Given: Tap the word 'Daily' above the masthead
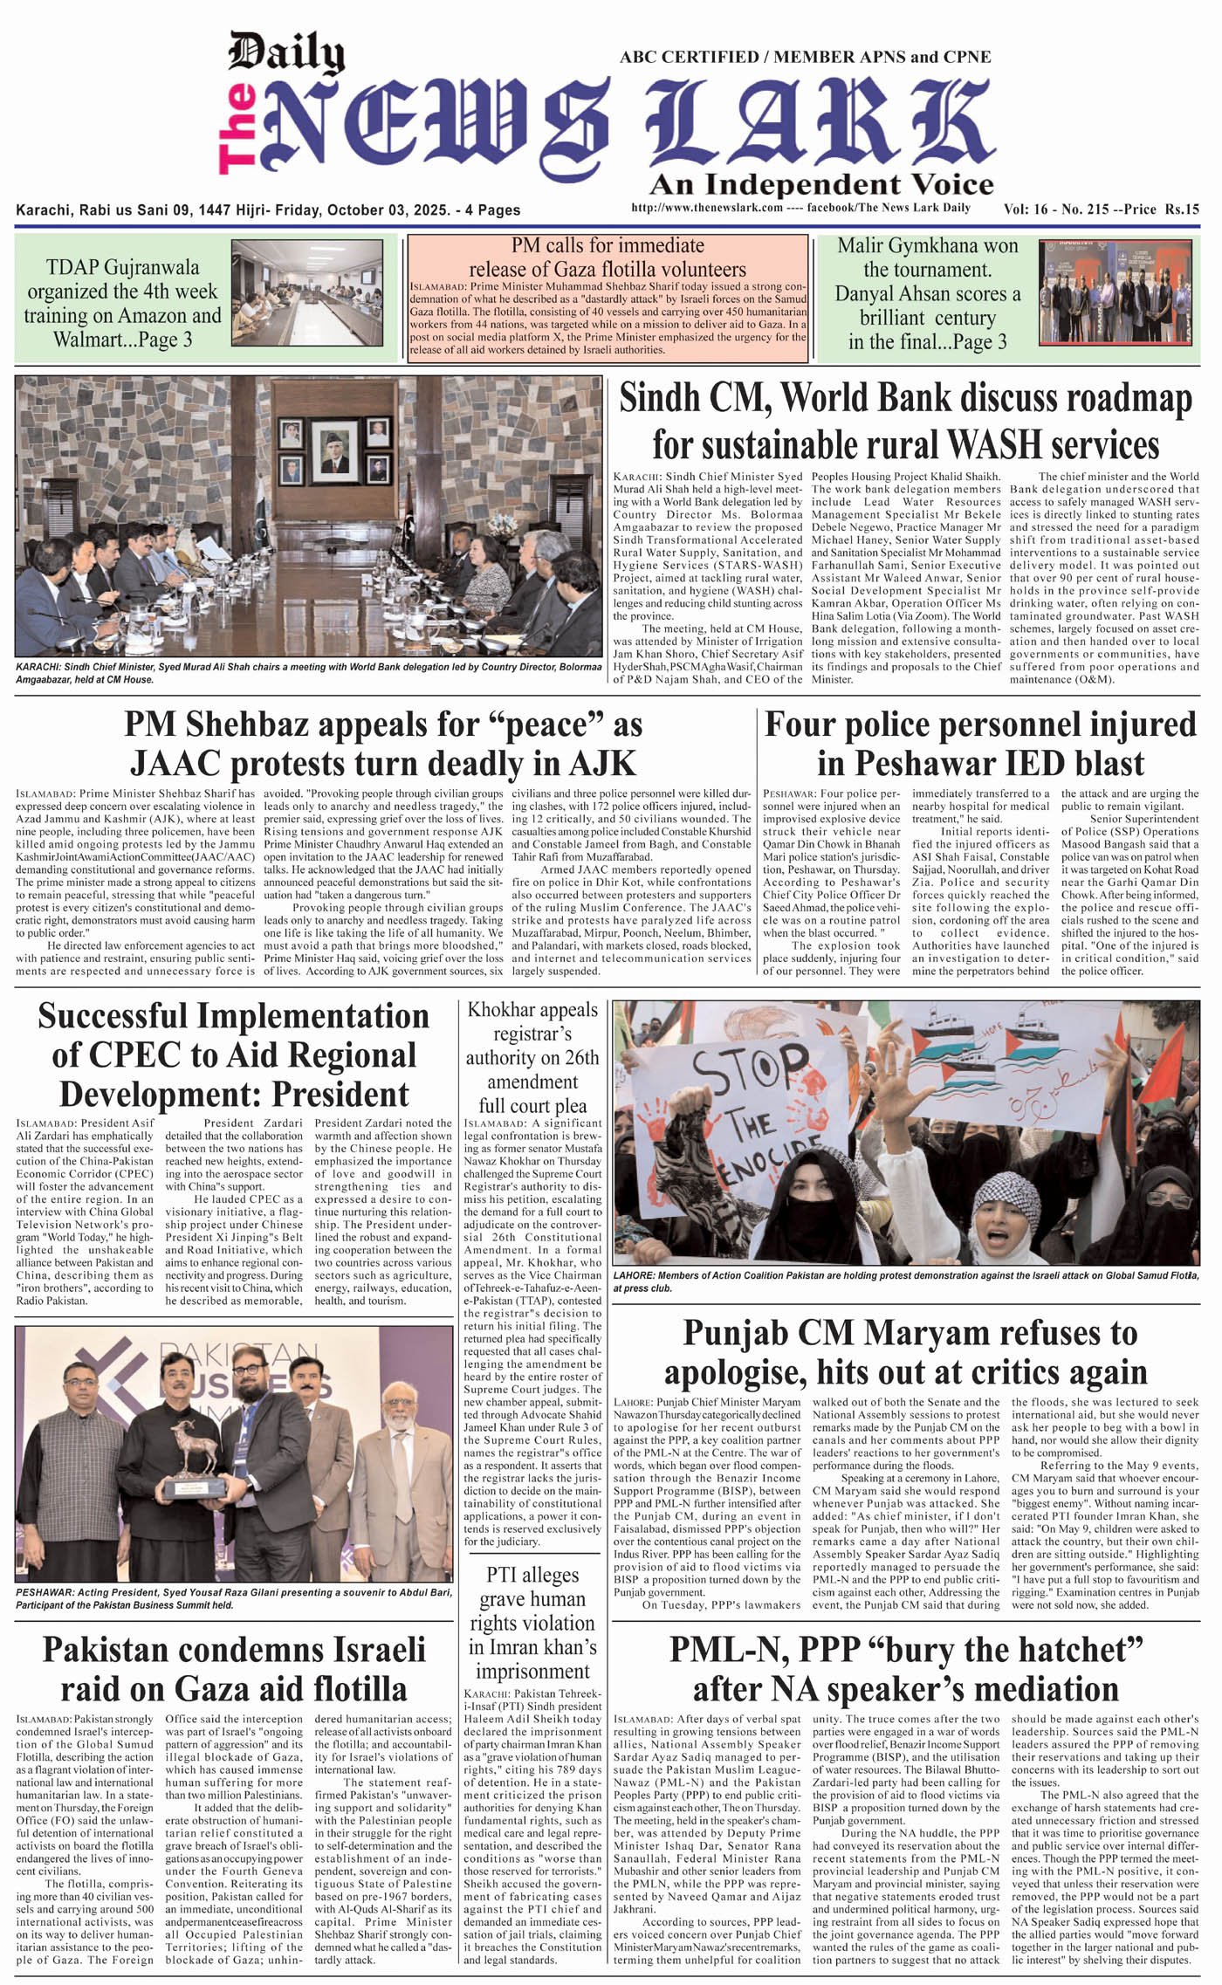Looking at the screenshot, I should point(285,53).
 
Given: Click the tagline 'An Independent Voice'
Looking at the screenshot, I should point(820,184).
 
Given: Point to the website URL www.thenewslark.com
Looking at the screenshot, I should point(706,209).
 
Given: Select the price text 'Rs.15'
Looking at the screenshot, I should point(1182,209).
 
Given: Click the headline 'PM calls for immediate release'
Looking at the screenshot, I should point(608,257).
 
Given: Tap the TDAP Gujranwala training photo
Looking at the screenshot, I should point(306,293).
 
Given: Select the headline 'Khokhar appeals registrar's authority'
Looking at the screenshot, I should point(532,1057).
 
